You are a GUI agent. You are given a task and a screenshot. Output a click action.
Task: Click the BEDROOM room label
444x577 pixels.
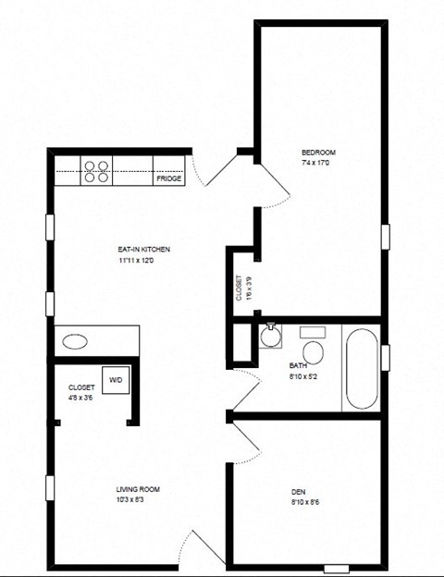(318, 153)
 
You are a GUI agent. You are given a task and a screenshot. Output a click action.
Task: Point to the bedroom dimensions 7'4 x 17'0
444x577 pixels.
(318, 164)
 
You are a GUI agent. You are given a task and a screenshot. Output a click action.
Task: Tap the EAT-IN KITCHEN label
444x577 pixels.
(143, 250)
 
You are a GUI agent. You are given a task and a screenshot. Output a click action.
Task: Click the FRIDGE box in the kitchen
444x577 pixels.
(168, 178)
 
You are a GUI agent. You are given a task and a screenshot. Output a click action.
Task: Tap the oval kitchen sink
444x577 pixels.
(74, 340)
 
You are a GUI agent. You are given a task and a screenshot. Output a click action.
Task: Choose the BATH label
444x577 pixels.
(297, 366)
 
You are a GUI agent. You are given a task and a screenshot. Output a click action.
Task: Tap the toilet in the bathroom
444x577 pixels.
(314, 349)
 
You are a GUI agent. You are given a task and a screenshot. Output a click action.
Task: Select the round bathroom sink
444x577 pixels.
(271, 338)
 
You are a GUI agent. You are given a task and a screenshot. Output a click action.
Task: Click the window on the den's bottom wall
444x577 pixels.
(337, 568)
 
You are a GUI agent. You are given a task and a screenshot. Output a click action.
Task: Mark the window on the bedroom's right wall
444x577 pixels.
(385, 237)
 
